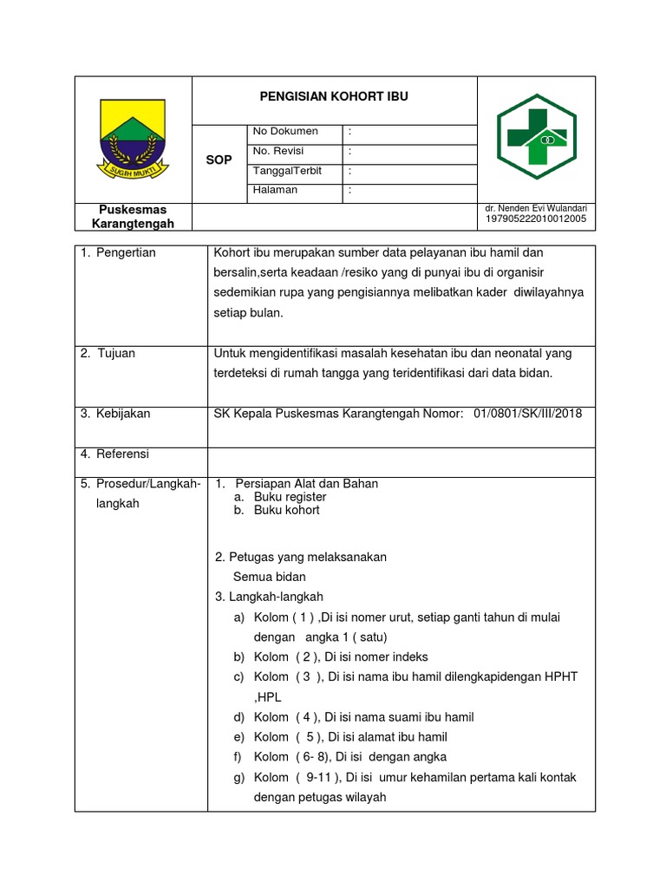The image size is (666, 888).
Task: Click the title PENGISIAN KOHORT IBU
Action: click(334, 97)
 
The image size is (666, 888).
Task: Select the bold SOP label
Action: click(219, 160)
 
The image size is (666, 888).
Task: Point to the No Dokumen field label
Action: click(285, 132)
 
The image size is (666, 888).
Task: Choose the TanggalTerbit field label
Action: click(287, 171)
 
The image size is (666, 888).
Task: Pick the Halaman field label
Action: click(275, 190)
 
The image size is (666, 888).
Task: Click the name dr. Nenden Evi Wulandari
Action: click(537, 209)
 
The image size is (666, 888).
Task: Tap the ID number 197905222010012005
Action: click(537, 219)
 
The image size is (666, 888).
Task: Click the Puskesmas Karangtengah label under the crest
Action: click(133, 217)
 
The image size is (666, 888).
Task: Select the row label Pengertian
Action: click(125, 252)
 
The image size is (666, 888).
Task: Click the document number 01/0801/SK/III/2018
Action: click(528, 414)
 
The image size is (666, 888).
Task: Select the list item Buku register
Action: click(290, 497)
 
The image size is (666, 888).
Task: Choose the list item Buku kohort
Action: click(286, 510)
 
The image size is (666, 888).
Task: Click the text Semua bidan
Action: click(269, 577)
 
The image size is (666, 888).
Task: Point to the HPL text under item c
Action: click(267, 697)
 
